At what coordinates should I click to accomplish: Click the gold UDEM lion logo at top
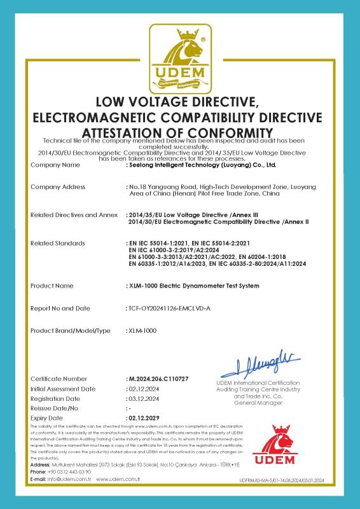point(180,59)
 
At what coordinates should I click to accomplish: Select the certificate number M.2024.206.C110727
point(158,379)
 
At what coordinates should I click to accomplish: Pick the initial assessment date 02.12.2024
point(142,388)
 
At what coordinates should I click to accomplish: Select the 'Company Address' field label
point(58,187)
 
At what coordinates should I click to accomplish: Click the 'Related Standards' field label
point(57,243)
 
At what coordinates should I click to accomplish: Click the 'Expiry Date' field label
point(47,417)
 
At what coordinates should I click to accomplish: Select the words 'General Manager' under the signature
point(258,403)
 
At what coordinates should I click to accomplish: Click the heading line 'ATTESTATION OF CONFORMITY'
point(180,131)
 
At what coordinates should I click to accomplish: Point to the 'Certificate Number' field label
point(59,379)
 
